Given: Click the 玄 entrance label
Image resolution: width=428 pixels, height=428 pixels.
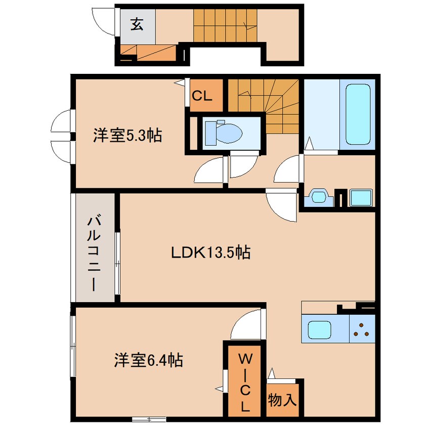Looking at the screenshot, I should point(137,24).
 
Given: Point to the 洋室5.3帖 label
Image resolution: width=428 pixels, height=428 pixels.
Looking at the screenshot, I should point(127,135).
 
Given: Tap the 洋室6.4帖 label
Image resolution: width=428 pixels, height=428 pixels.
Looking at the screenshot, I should point(148,360).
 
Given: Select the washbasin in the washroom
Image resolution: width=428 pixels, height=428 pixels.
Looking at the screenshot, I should point(319,196).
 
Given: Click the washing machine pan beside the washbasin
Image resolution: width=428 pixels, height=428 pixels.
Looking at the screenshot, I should point(361,198).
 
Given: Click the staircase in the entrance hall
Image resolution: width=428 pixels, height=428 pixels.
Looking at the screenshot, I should point(225,26).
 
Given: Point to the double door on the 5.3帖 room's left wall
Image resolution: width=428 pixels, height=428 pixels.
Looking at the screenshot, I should point(62,135).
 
